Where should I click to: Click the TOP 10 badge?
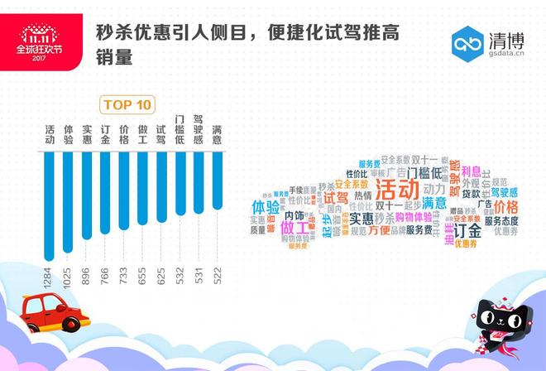tap(127, 104)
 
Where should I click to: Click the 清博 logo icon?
tap(467, 43)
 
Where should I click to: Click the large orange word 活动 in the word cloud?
tap(397, 188)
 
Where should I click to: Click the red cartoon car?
tap(54, 313)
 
